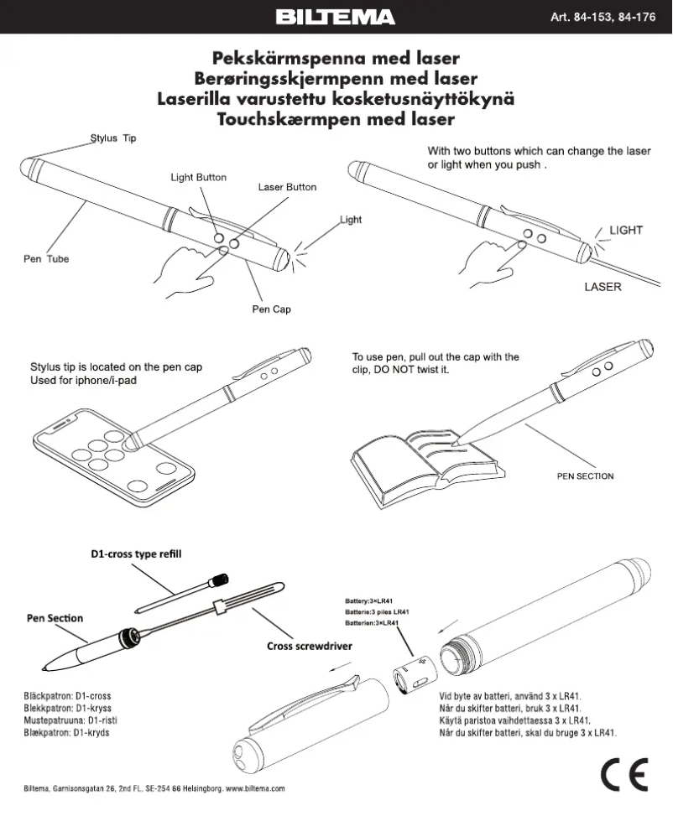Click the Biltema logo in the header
[x=336, y=17]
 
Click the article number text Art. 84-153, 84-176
[x=602, y=17]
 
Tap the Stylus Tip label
[x=112, y=138]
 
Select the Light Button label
[x=198, y=178]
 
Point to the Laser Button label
[x=287, y=187]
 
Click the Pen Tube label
[x=46, y=259]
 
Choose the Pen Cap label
[x=271, y=309]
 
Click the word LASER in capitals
[x=603, y=287]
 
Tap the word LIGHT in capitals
[x=625, y=230]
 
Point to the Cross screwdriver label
[x=309, y=647]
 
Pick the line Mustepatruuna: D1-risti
[x=65, y=720]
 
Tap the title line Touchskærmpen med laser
[x=336, y=119]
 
